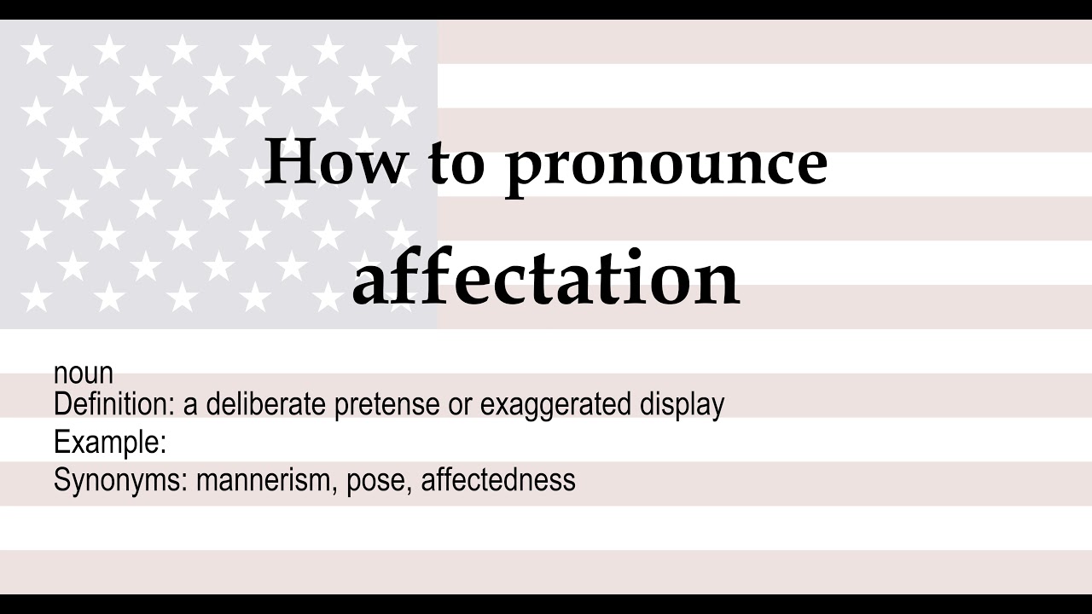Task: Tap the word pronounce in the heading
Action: click(x=666, y=164)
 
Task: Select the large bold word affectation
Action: click(x=545, y=279)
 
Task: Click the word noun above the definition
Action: click(x=83, y=374)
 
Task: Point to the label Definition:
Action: click(x=114, y=404)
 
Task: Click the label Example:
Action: click(x=109, y=443)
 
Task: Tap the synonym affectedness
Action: click(x=498, y=480)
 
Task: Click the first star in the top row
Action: click(x=36, y=50)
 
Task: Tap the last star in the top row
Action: click(x=401, y=50)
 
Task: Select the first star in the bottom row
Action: click(x=36, y=297)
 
